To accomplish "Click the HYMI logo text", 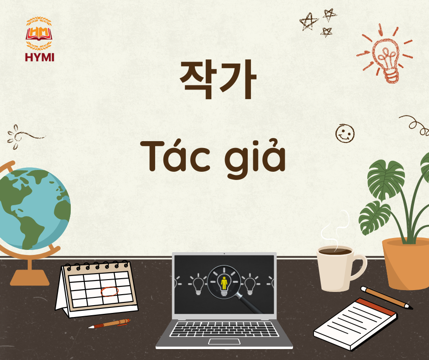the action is [x=40, y=57].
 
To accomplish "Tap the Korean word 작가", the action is [x=218, y=79].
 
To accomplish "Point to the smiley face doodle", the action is [x=345, y=133].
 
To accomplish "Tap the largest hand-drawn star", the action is [x=309, y=21].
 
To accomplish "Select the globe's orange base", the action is [x=30, y=277].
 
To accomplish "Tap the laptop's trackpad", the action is [x=225, y=341].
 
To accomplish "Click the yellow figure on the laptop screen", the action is [x=224, y=283].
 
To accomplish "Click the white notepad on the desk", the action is [x=355, y=324].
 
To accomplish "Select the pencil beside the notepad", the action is [x=387, y=298].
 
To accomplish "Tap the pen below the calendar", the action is [x=109, y=323].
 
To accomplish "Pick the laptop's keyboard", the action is [x=224, y=329].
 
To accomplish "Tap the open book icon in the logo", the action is [x=39, y=34].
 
